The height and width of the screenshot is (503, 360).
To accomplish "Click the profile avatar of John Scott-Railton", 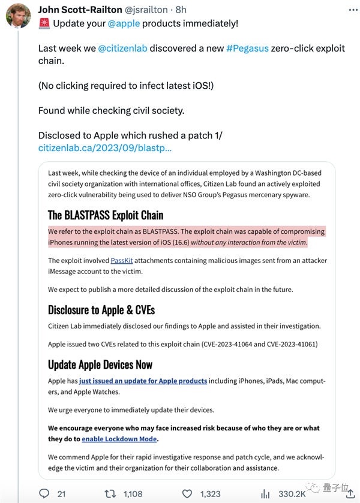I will click(x=19, y=16).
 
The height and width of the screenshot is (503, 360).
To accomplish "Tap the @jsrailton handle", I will click(x=150, y=10).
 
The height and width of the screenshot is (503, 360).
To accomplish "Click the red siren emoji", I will click(x=44, y=23).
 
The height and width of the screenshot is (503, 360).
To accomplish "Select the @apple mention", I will click(x=124, y=23).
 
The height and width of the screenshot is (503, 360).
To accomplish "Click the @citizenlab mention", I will click(x=124, y=48).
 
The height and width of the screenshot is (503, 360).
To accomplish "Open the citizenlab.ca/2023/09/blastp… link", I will click(x=105, y=147).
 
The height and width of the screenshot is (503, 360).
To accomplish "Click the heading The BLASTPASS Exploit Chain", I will click(x=106, y=215).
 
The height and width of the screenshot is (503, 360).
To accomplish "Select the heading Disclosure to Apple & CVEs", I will click(x=101, y=309).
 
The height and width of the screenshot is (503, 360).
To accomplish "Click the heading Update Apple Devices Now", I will click(x=100, y=365).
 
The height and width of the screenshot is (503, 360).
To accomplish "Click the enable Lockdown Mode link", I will click(x=119, y=439).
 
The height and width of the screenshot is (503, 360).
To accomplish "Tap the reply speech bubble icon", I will click(x=44, y=493).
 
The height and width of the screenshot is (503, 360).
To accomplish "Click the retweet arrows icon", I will click(x=110, y=493).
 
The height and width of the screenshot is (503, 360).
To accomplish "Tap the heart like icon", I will click(x=187, y=493).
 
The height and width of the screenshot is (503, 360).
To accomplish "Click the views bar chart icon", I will click(x=265, y=493).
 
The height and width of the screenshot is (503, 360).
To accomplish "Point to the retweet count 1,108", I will click(x=132, y=493).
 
